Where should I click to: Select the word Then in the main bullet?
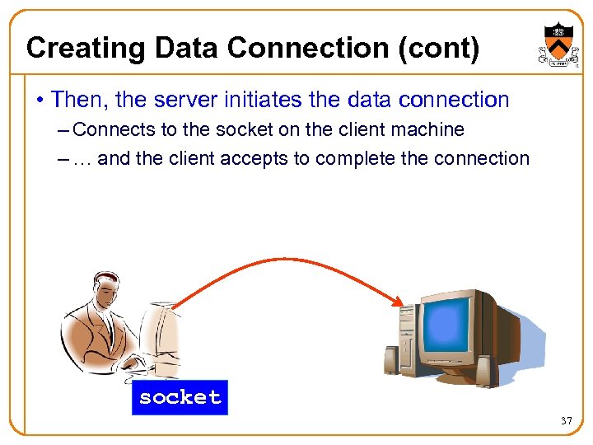pyautogui.click(x=80, y=100)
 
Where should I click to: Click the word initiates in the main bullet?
pyautogui.click(x=265, y=100)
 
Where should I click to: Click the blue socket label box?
pyautogui.click(x=180, y=397)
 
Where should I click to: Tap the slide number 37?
pyautogui.click(x=566, y=421)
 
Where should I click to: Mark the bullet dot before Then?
pyautogui.click(x=40, y=101)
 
